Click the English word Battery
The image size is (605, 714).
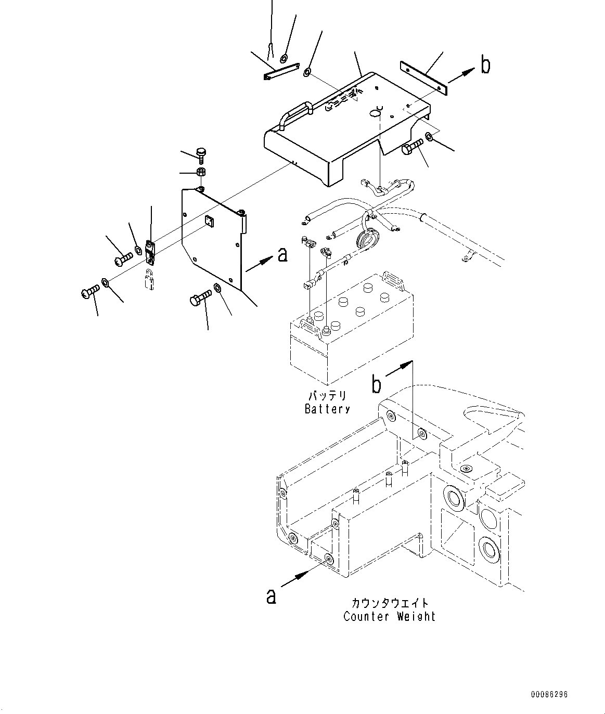pyautogui.click(x=327, y=409)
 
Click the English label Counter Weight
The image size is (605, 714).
pyautogui.click(x=389, y=617)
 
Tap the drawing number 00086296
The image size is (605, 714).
pyautogui.click(x=549, y=694)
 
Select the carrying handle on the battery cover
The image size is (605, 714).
pyautogui.click(x=294, y=114)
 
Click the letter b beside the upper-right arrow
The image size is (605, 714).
pyautogui.click(x=485, y=66)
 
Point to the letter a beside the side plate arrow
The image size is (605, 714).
pyautogui.click(x=282, y=254)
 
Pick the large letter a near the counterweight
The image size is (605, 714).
pyautogui.click(x=271, y=596)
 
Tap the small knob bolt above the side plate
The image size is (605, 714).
pyautogui.click(x=201, y=154)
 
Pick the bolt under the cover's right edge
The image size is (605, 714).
pyautogui.click(x=413, y=149)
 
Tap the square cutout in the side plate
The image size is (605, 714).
pyautogui.click(x=209, y=221)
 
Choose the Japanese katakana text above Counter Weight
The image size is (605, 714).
pyautogui.click(x=390, y=603)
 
